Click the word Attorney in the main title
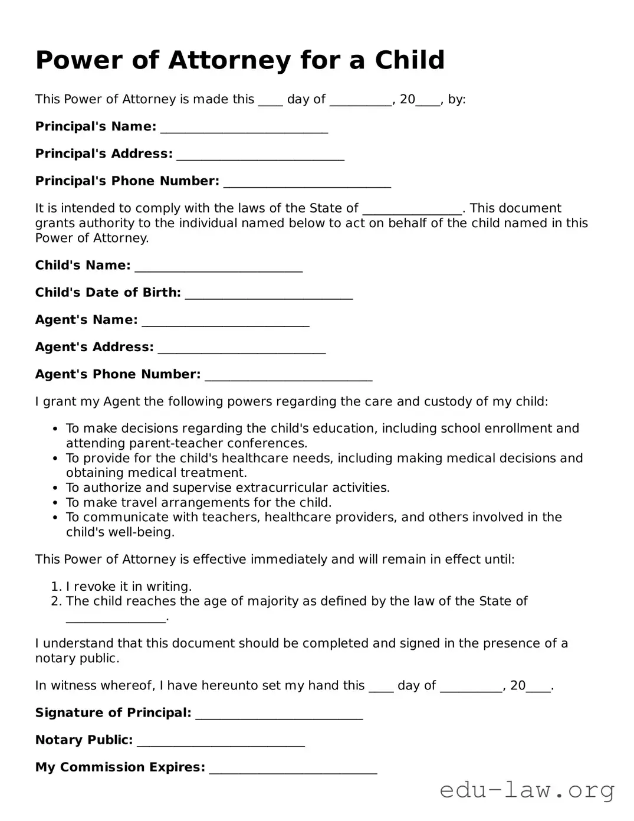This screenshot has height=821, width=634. tap(229, 60)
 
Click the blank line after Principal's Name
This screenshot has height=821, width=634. tap(244, 128)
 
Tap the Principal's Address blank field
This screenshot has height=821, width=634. tap(260, 155)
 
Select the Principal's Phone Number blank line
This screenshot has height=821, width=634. tap(307, 182)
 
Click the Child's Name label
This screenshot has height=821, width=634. tap(83, 266)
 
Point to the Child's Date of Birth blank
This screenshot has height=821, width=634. tap(269, 294)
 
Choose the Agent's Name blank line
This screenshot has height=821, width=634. tap(225, 321)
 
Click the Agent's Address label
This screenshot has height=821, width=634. tap(94, 347)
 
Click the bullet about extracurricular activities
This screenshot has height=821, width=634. tap(228, 488)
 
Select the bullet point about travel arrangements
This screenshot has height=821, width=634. tap(199, 502)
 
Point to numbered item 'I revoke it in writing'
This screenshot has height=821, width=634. tap(129, 586)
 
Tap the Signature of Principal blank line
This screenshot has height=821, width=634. tap(278, 714)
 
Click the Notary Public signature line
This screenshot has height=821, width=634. tap(221, 741)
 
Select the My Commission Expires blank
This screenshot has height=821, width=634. tap(293, 768)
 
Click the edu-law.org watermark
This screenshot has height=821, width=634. tap(527, 790)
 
